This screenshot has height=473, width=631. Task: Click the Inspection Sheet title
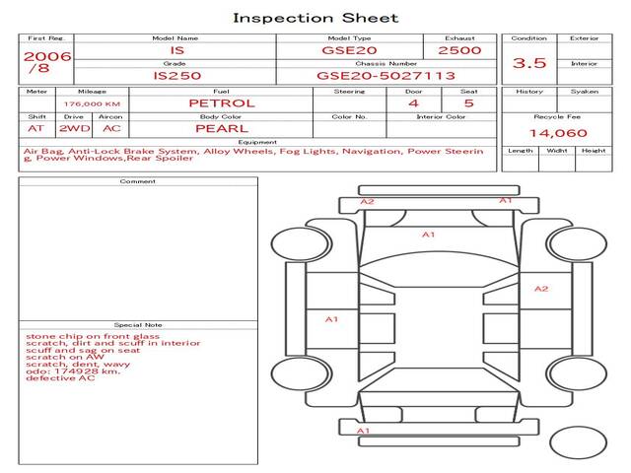315,18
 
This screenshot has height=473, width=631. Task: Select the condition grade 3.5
530,64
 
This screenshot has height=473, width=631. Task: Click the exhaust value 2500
459,50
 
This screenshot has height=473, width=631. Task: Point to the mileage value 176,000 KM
92,103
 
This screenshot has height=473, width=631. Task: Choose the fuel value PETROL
221,102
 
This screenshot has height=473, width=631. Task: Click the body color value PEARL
221,128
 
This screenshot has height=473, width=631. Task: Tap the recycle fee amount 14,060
557,133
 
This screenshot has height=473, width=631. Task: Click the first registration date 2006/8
46,62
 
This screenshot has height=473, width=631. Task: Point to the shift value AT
36,128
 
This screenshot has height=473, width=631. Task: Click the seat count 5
468,102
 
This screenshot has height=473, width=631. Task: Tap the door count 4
413,102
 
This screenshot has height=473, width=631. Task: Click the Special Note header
138,324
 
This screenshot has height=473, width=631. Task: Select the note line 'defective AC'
60,378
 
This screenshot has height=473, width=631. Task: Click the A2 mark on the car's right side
541,289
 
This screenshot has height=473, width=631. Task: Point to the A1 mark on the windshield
428,235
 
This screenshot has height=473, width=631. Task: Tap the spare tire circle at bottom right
579,442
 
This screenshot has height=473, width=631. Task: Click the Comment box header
138,181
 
